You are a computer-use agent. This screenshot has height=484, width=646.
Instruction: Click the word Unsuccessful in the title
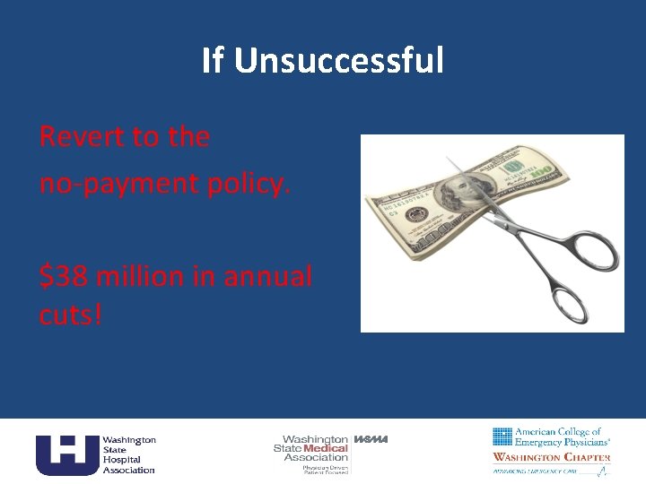(x=339, y=61)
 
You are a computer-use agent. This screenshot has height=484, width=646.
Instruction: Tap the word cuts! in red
(x=71, y=315)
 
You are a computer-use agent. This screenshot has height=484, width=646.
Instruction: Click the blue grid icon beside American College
(x=502, y=436)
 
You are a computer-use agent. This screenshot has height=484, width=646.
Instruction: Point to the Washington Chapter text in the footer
(x=552, y=457)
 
